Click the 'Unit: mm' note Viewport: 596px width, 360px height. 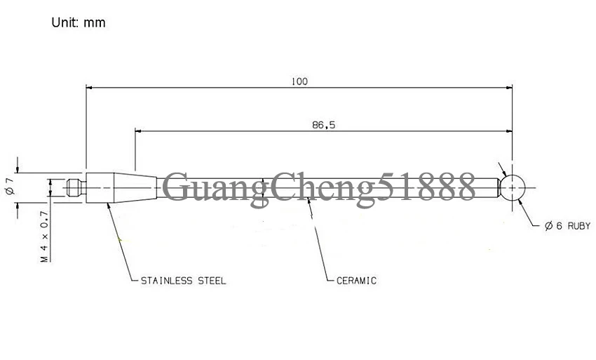click(x=79, y=23)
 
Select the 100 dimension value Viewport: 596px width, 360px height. click(x=299, y=81)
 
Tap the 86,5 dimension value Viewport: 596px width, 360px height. click(x=324, y=125)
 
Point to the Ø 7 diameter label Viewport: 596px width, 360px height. click(x=11, y=186)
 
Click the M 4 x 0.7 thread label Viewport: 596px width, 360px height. click(x=45, y=236)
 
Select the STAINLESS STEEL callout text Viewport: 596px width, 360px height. click(x=183, y=281)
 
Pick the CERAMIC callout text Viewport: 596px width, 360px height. click(x=356, y=281)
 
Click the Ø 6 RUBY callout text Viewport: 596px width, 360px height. click(x=567, y=226)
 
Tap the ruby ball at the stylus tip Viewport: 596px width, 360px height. click(x=513, y=187)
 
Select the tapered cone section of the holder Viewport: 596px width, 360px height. click(x=135, y=187)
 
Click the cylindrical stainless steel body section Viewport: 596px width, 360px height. click(x=100, y=187)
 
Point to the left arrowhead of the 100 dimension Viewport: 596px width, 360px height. click(x=89, y=88)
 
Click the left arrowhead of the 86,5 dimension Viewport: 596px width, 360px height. click(x=138, y=131)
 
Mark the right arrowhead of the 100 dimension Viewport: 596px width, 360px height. click(x=509, y=88)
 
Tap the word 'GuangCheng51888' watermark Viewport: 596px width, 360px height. click(x=319, y=187)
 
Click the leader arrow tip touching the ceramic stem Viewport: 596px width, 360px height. click(x=308, y=199)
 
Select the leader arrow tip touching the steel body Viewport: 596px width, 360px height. click(x=108, y=204)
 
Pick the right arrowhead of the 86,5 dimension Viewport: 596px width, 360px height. click(x=509, y=131)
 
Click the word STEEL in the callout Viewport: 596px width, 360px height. click(x=212, y=281)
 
